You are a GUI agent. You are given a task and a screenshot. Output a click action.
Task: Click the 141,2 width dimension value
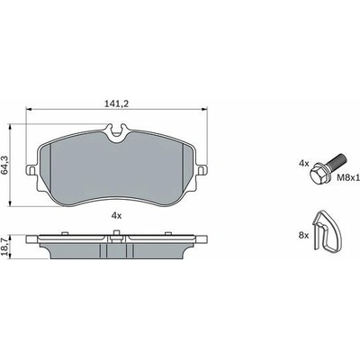[x=117, y=103]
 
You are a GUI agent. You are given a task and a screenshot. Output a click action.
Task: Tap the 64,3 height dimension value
[x=4, y=165]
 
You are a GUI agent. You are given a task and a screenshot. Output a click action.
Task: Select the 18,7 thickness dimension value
[x=4, y=247]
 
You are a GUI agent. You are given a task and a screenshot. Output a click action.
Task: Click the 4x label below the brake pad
[x=116, y=215]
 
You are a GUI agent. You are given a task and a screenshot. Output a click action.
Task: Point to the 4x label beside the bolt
[x=303, y=164]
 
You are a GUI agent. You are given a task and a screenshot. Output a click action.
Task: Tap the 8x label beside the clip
[x=303, y=236]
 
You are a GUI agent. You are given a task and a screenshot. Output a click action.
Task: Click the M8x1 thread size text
[x=348, y=177]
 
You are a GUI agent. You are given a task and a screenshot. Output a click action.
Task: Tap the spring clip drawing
[x=327, y=231]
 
